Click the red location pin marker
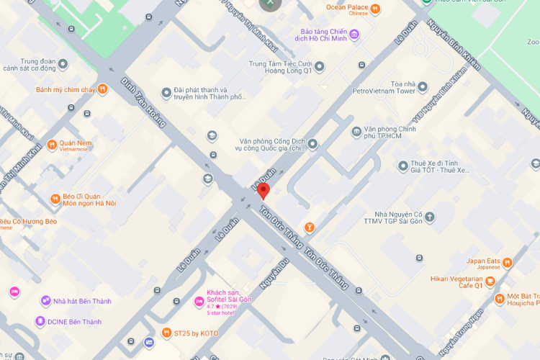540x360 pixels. [264, 191]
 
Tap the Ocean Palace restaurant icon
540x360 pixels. [376, 9]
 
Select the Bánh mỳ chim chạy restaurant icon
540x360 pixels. [103, 89]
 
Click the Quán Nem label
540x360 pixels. [76, 143]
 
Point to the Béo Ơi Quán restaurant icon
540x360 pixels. [55, 199]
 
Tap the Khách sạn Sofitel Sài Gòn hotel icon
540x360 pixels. [199, 302]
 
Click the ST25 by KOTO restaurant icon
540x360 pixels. [167, 333]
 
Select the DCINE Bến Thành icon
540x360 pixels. [40, 321]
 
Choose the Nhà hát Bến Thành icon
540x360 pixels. [45, 300]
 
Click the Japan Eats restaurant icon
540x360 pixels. [508, 262]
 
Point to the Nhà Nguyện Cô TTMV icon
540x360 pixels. [430, 216]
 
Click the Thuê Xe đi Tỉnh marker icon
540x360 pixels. [403, 166]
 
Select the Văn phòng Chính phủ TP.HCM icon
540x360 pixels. [356, 131]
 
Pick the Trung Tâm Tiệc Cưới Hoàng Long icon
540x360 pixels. [320, 66]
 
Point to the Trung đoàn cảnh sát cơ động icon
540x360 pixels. [63, 64]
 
